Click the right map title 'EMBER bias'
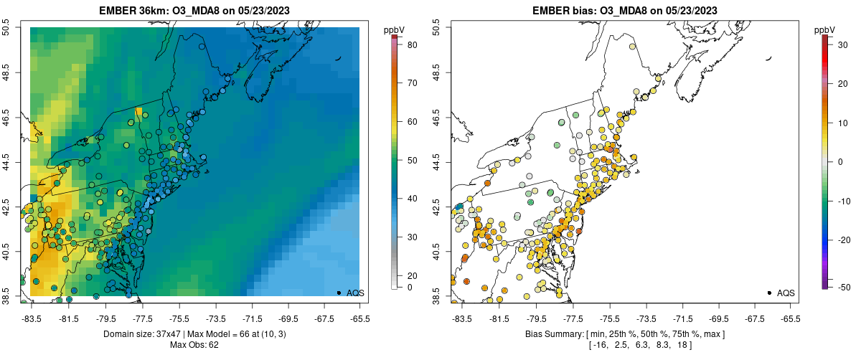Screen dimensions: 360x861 564,11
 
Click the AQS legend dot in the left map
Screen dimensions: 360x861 339,293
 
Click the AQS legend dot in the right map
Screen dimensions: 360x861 769,293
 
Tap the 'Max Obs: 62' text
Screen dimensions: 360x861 194,345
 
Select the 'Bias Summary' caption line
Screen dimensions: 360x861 624,334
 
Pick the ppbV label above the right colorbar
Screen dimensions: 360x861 825,29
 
